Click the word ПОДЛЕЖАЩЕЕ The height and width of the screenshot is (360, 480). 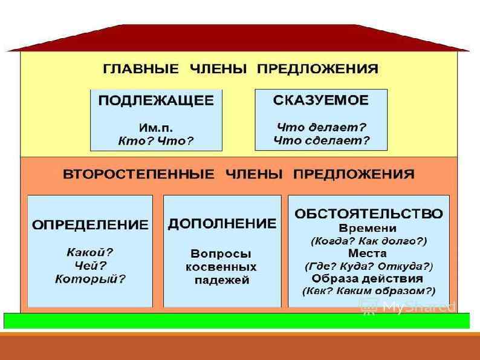[156, 101]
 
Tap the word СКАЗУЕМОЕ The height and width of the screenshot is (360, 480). [320, 100]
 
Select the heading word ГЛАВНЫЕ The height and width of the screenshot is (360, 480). [141, 68]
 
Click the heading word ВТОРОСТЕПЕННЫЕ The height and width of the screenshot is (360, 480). [138, 174]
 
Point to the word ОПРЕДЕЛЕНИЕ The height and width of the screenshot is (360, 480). [90, 224]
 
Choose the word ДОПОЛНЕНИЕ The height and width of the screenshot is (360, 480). [222, 224]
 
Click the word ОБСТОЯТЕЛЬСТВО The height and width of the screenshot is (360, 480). [368, 214]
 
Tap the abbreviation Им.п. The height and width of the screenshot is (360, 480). [155, 128]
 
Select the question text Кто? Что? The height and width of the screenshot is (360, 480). [155, 142]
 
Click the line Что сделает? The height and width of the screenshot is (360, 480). [321, 141]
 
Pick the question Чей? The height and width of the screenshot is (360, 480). [90, 265]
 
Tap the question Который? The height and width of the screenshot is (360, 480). [90, 279]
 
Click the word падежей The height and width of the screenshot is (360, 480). [222, 280]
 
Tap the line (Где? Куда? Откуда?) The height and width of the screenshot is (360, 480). [368, 266]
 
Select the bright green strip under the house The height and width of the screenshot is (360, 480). [236, 321]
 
